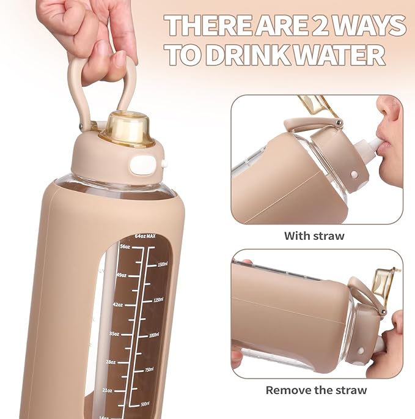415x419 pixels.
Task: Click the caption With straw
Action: click(314, 235)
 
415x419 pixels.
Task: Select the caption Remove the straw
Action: click(316, 390)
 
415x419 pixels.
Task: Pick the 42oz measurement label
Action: click(118, 304)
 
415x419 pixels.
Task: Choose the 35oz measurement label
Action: click(114, 334)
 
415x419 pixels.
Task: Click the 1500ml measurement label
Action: click(162, 264)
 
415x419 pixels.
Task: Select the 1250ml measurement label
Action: click(159, 300)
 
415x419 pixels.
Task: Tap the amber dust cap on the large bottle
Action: click(129, 128)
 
